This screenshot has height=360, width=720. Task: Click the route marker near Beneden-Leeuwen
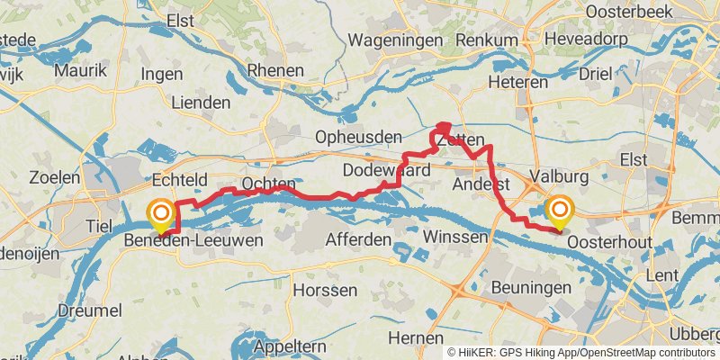click(161, 215)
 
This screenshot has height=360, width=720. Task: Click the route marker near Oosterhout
click(560, 212)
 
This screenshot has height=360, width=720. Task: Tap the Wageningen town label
click(395, 40)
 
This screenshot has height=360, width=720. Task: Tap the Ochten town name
click(268, 184)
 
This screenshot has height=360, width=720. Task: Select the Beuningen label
click(533, 287)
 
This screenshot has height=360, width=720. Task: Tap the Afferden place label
click(357, 240)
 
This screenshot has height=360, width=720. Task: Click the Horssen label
click(326, 291)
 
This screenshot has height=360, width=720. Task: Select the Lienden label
click(200, 103)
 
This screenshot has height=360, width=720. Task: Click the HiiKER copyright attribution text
click(581, 353)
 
